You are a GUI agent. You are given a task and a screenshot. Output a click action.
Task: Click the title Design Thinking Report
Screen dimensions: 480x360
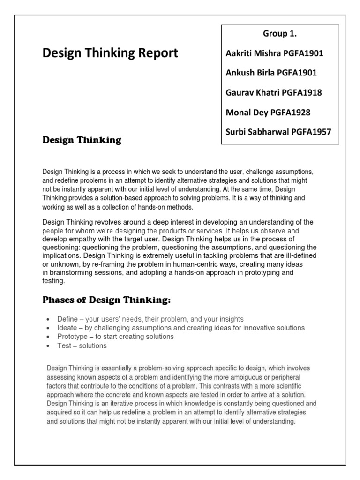coord(110,53)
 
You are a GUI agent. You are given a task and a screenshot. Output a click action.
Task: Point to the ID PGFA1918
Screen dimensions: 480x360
coord(301,93)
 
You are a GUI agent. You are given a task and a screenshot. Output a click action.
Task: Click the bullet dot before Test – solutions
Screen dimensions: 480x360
coord(49,346)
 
